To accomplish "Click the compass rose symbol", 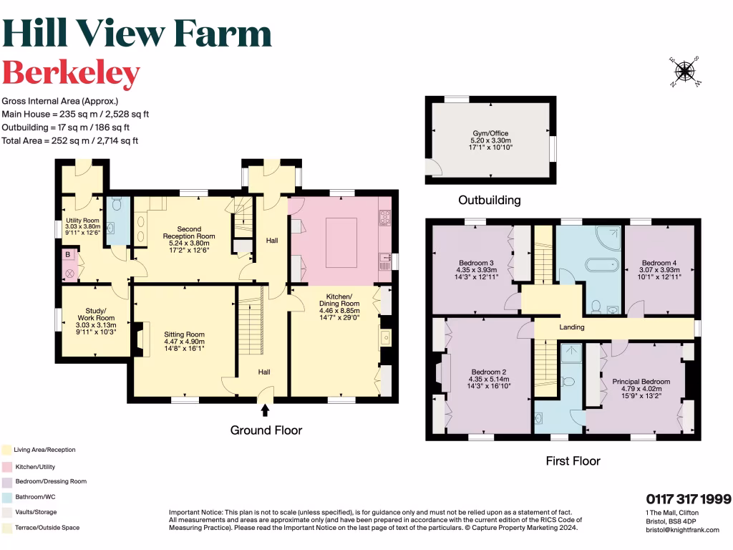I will click(x=685, y=71).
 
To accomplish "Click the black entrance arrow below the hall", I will click(x=266, y=410).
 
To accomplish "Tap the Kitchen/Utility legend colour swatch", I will click(x=6, y=466).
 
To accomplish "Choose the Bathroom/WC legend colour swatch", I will click(x=6, y=497).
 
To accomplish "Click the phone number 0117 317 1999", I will click(x=688, y=498).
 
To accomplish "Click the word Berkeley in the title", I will click(x=71, y=73).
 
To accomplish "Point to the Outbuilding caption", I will click(x=490, y=200).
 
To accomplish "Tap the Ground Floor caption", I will click(x=266, y=430).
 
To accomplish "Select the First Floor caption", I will click(x=573, y=460).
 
